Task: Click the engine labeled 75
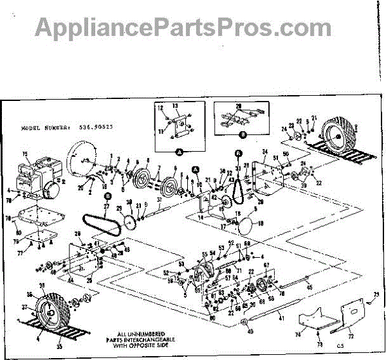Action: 36,177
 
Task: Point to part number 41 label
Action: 281,318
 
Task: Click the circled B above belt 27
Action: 107,195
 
